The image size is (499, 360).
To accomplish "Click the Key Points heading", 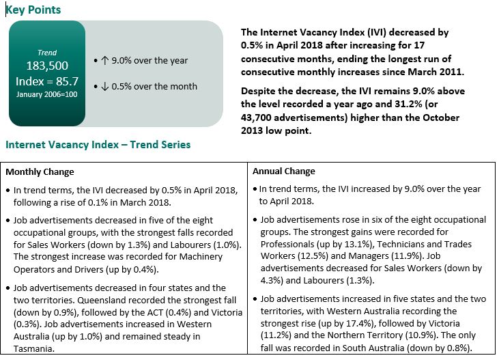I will [x=33, y=10].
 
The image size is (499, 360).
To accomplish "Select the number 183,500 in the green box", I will [x=48, y=67].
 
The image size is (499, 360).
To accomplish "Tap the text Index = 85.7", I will [x=48, y=81].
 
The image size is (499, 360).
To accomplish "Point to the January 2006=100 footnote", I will [x=48, y=94].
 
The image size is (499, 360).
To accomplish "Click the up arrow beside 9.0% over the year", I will [x=104, y=60].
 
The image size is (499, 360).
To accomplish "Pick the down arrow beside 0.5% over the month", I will [x=104, y=86].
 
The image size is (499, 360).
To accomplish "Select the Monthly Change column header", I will [x=40, y=171].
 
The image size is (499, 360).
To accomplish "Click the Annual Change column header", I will [x=284, y=171].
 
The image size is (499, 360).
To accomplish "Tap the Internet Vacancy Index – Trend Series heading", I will [x=98, y=145].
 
